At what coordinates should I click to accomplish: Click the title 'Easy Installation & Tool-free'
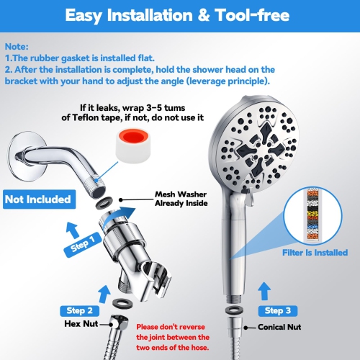pyautogui.click(x=179, y=16)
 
